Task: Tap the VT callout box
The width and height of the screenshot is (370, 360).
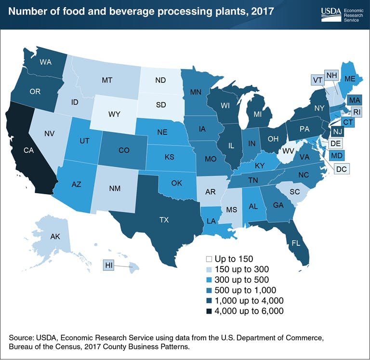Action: [317, 80]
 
